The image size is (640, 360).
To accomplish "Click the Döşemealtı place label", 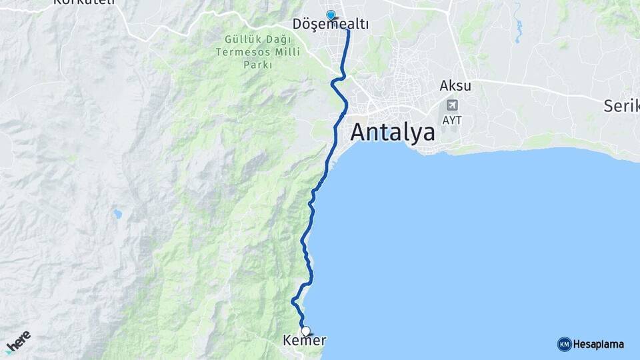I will [x=331, y=25].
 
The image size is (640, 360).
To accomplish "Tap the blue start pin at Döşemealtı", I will [x=330, y=15].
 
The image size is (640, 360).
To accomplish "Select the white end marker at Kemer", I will [x=305, y=331].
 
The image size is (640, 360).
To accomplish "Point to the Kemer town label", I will [x=305, y=341].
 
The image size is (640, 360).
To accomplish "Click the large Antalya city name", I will [x=393, y=131].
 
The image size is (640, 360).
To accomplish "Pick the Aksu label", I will [x=455, y=86].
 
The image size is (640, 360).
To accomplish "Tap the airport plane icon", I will [x=453, y=105].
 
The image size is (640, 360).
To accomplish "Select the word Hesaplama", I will [x=598, y=344].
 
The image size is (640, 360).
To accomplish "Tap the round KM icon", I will [x=564, y=344].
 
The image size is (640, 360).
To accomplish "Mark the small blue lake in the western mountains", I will [x=118, y=214].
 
